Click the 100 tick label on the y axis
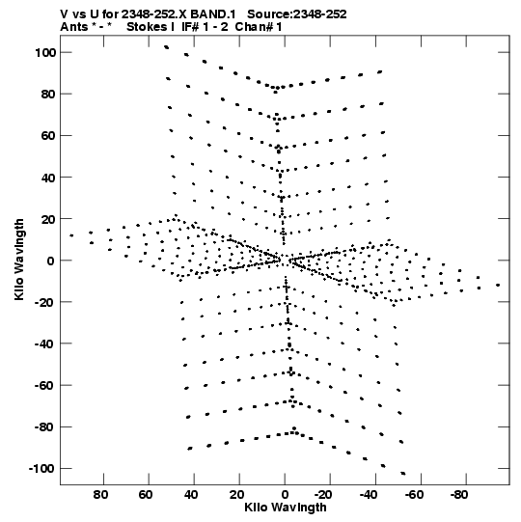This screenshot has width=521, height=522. pyautogui.click(x=45, y=53)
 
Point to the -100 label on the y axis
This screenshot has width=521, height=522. pyautogui.click(x=41, y=469)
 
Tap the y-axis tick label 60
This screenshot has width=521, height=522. pyautogui.click(x=47, y=136)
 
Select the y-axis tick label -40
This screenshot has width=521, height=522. pyautogui.click(x=44, y=343)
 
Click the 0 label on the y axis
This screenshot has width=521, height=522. pyautogui.click(x=50, y=261)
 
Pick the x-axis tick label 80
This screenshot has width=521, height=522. pyautogui.click(x=100, y=495)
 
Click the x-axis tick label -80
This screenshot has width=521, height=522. pyautogui.click(x=459, y=495)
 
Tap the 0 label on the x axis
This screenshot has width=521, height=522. pyautogui.click(x=285, y=495)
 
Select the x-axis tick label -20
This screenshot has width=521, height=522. pyautogui.click(x=323, y=495)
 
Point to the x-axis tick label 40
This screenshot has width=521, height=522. pyautogui.click(x=191, y=495)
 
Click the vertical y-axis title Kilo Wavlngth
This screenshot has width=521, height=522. pyautogui.click(x=19, y=260)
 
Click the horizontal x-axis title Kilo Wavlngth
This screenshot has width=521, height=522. pyautogui.click(x=286, y=508)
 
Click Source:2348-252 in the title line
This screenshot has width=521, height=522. pyautogui.click(x=297, y=14)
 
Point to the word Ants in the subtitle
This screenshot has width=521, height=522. pyautogui.click(x=74, y=27)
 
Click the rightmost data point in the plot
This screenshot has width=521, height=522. pyautogui.click(x=498, y=285)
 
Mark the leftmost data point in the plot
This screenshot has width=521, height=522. pyautogui.click(x=71, y=235)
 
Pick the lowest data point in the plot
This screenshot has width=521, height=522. pyautogui.click(x=403, y=474)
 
